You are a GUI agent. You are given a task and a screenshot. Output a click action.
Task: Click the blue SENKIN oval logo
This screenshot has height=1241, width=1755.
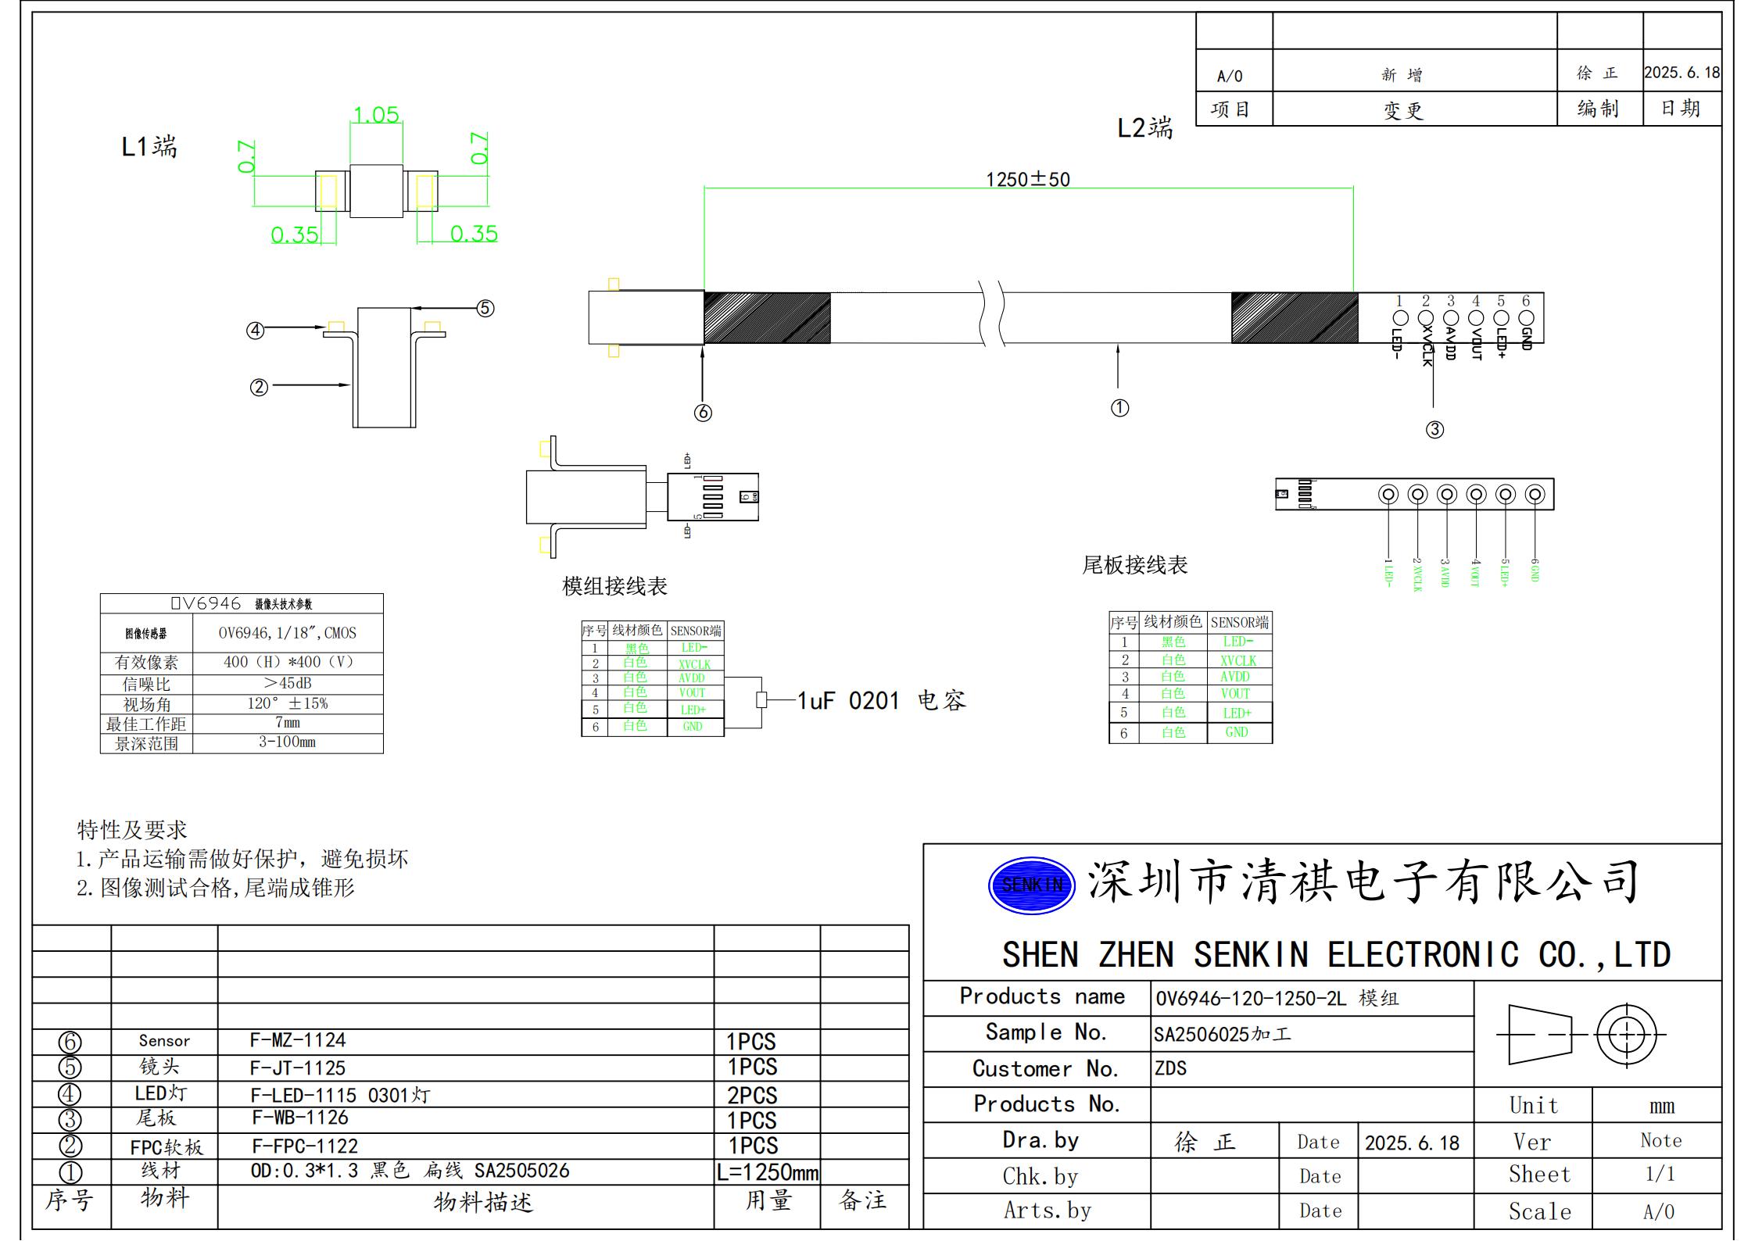pyautogui.click(x=1031, y=885)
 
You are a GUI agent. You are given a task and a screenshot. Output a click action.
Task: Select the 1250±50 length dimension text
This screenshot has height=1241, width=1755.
pyautogui.click(x=1027, y=180)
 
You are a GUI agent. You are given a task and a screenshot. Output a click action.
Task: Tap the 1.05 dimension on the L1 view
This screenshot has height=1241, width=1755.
pyautogui.click(x=376, y=115)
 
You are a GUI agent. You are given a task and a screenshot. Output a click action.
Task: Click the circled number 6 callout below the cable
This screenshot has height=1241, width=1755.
pyautogui.click(x=703, y=413)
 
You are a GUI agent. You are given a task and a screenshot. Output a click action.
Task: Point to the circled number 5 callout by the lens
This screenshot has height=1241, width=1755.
pyautogui.click(x=485, y=308)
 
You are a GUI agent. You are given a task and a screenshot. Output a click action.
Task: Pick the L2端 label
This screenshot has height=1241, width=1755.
pyautogui.click(x=1144, y=128)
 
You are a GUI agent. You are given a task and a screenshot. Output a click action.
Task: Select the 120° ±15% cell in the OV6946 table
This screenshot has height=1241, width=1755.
pyautogui.click(x=287, y=703)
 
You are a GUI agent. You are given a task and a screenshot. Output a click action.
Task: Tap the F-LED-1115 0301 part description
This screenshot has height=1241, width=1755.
pyautogui.click(x=340, y=1095)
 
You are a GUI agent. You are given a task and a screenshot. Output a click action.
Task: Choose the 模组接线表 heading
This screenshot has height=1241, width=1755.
pyautogui.click(x=614, y=586)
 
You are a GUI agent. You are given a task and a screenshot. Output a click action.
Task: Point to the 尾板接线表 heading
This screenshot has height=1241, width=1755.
pyautogui.click(x=1134, y=565)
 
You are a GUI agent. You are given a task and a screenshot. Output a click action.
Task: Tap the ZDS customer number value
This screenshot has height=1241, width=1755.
pyautogui.click(x=1170, y=1068)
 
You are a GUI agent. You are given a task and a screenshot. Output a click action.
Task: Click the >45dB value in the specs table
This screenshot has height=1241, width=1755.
pyautogui.click(x=287, y=683)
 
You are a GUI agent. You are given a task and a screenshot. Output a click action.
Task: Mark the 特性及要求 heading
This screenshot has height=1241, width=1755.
pyautogui.click(x=131, y=829)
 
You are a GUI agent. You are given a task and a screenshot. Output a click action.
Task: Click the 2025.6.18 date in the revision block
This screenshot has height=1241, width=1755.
pyautogui.click(x=1682, y=73)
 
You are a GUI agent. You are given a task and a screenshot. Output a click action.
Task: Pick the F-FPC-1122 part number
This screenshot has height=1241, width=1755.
pyautogui.click(x=304, y=1146)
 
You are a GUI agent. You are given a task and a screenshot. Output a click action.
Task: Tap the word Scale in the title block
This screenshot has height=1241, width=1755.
pyautogui.click(x=1539, y=1211)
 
